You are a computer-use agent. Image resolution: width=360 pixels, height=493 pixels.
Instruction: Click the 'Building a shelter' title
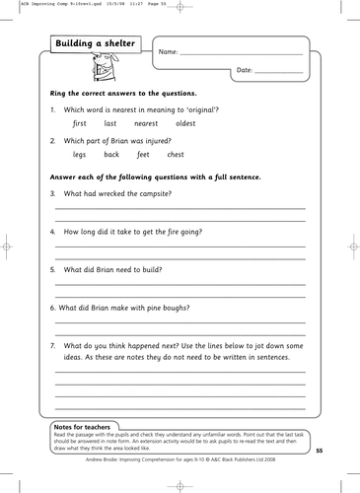pos(98,44)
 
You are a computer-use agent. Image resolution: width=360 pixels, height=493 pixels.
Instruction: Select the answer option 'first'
pos(82,125)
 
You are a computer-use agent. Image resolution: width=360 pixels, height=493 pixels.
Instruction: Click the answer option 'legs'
pos(81,155)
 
